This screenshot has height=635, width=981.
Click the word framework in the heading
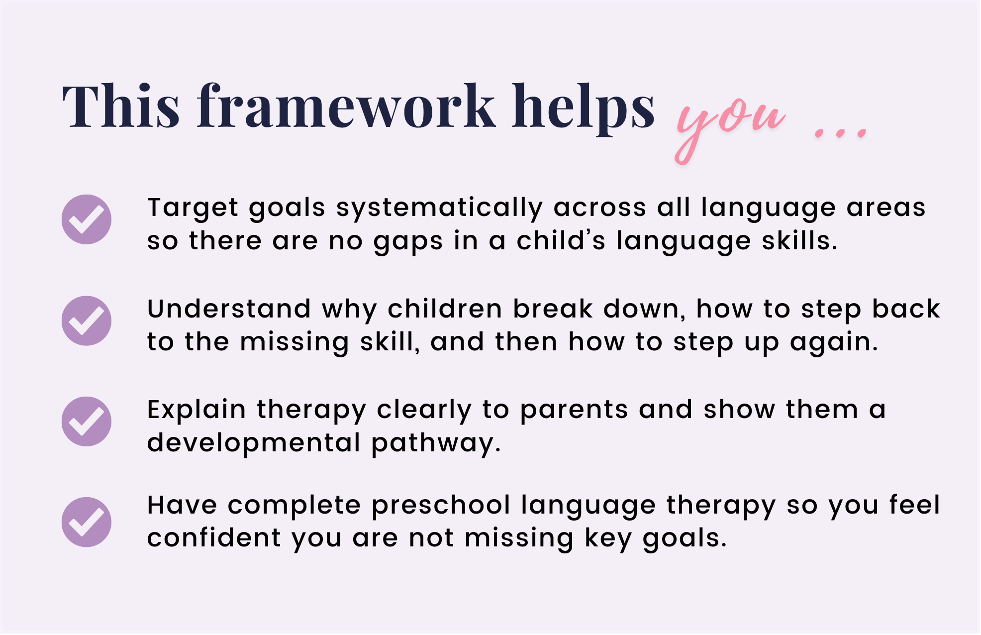coord(346,106)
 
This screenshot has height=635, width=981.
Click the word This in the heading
coord(121,106)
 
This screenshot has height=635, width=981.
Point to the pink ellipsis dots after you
coord(841,133)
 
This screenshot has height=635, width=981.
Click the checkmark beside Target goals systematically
coord(87,219)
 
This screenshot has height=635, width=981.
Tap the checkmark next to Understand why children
coord(87,321)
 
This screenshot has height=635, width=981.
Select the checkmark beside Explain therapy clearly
coord(87,422)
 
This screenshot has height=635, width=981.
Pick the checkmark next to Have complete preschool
coord(87,522)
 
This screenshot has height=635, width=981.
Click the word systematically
coord(440,209)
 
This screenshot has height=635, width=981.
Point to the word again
coord(834,344)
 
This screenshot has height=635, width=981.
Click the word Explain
coord(196,411)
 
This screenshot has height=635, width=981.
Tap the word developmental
coord(254,443)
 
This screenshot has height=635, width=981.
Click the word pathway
coord(436,443)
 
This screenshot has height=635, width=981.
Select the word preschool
coord(441,507)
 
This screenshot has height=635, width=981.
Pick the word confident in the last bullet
coord(214,538)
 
